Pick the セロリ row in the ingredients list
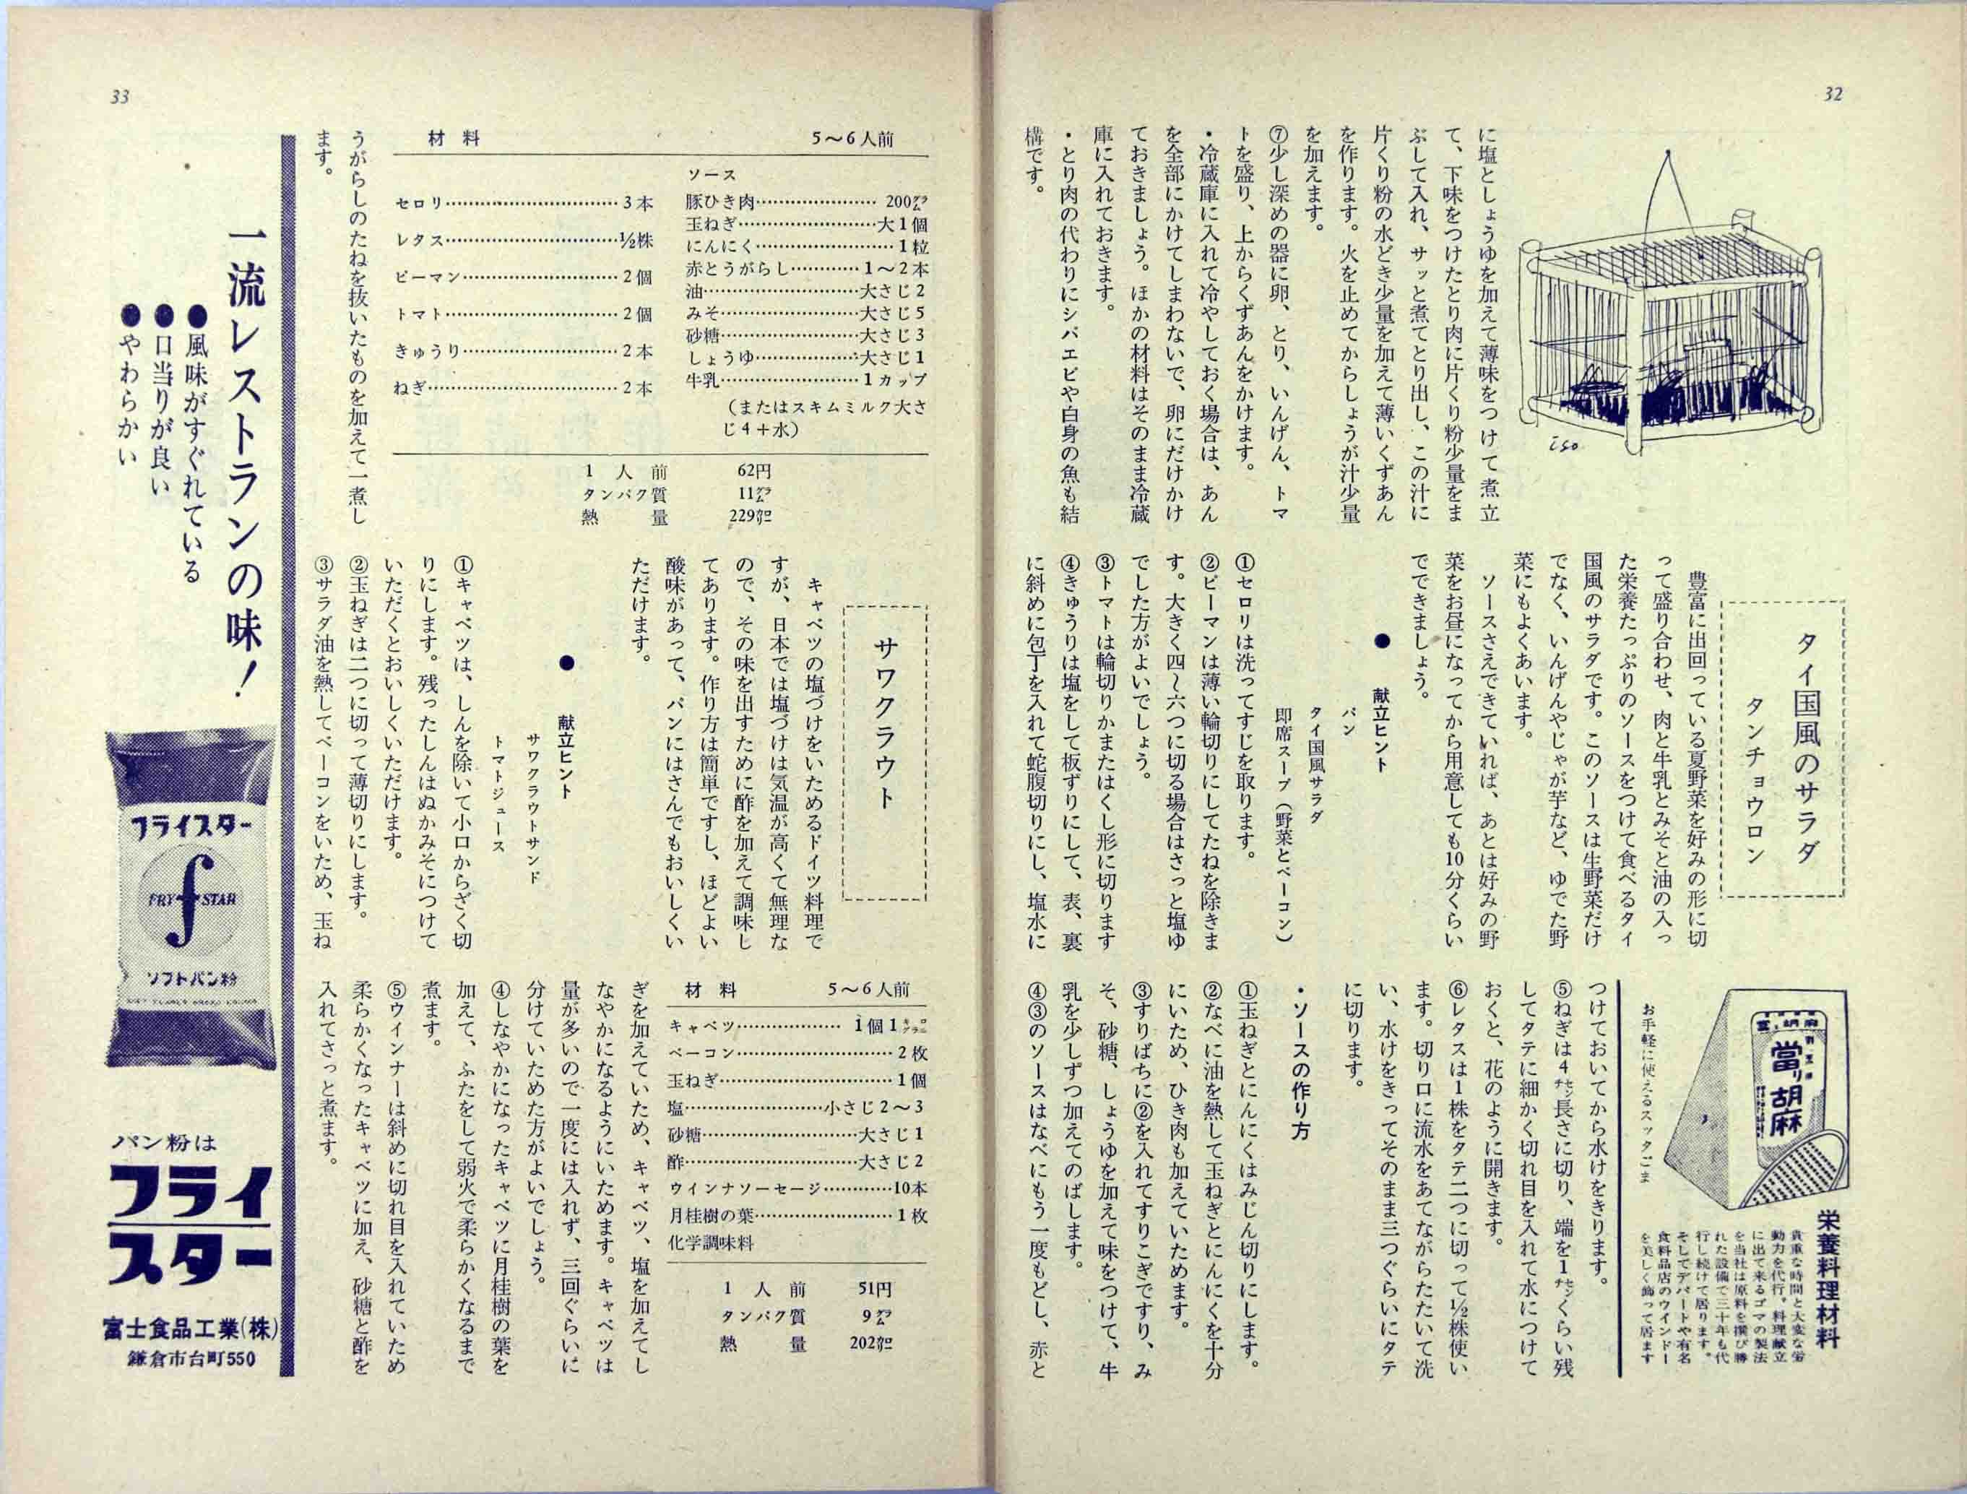tap(524, 204)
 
